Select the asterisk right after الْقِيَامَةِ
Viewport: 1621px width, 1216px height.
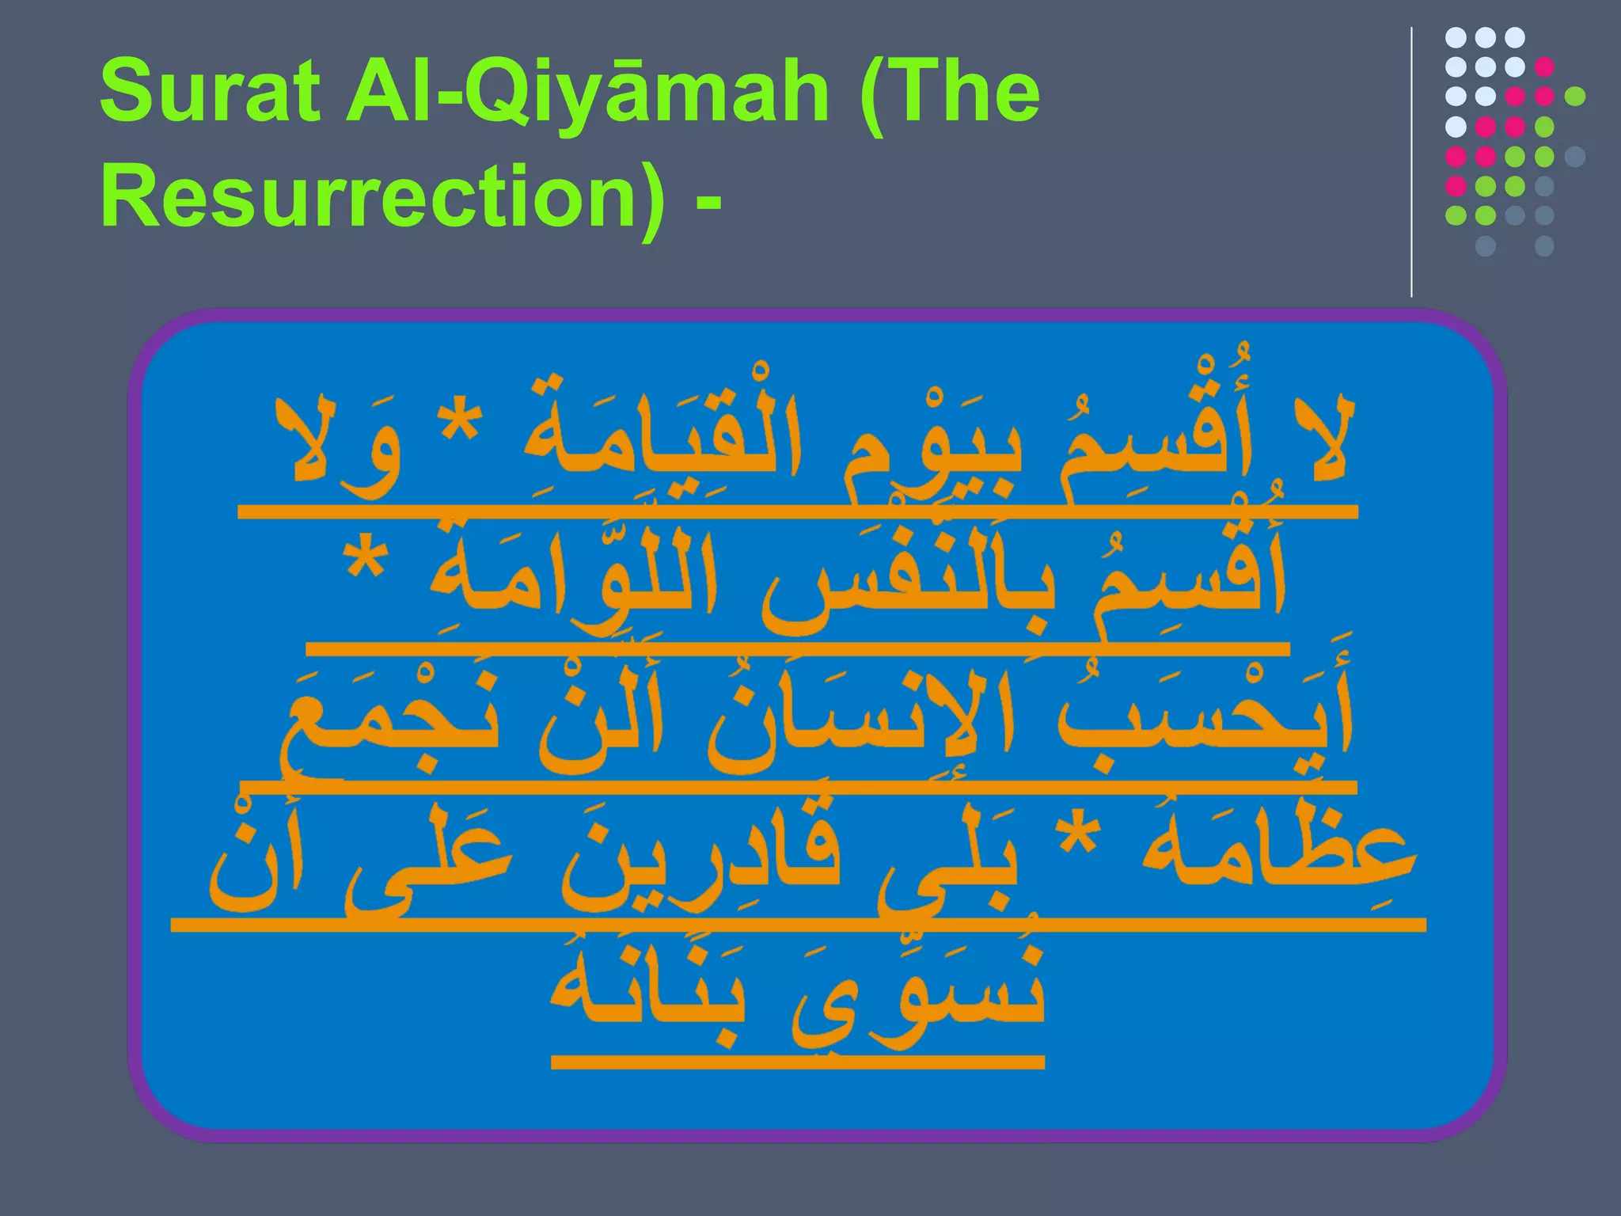pos(461,427)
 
